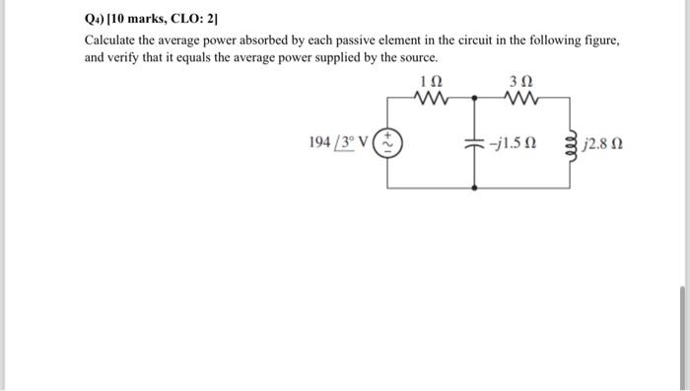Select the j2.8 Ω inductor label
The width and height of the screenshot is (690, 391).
click(x=602, y=144)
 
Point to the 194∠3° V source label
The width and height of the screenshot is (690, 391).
click(x=338, y=143)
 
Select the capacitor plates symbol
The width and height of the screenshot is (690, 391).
click(x=475, y=143)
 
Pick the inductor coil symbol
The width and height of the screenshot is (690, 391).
click(x=568, y=144)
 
